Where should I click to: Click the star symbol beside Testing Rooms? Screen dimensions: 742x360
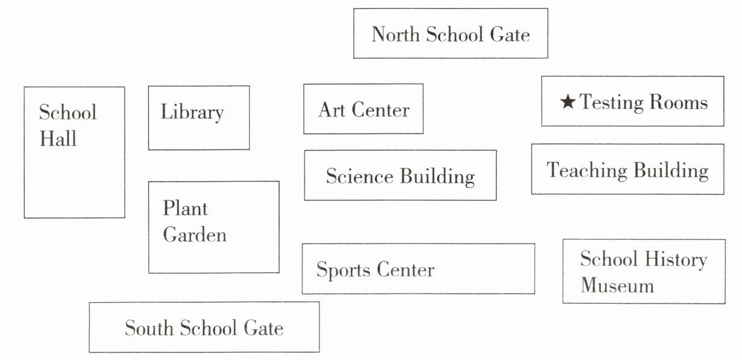(568, 103)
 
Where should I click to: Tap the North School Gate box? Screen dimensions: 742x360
(450, 33)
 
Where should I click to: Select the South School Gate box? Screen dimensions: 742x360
(204, 327)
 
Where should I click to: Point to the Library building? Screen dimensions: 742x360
(198, 118)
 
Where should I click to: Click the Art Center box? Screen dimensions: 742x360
(363, 109)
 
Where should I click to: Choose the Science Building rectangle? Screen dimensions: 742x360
(400, 175)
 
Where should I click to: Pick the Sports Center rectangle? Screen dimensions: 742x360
(418, 269)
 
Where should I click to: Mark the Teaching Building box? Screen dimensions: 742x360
(627, 169)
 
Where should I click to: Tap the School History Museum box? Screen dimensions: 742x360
(643, 271)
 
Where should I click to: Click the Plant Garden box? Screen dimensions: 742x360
(213, 227)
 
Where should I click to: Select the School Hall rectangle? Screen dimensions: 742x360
(74, 152)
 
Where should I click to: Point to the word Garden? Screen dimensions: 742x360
(195, 235)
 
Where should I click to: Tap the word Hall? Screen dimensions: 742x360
(58, 139)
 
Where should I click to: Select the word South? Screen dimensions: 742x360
(148, 328)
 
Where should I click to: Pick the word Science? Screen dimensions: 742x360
(359, 176)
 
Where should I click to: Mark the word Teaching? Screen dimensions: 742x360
(583, 170)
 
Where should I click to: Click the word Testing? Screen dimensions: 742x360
(609, 103)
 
